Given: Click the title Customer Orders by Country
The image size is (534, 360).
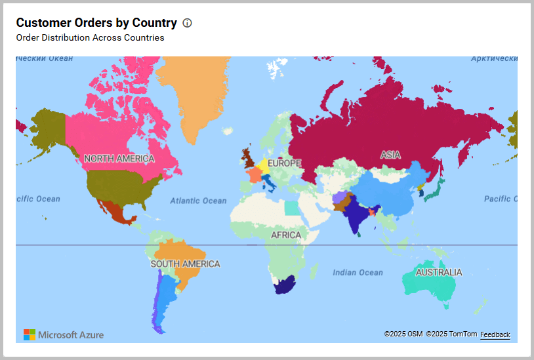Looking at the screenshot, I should pyautogui.click(x=96, y=23).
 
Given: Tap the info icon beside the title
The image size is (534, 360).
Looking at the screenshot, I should pyautogui.click(x=187, y=23).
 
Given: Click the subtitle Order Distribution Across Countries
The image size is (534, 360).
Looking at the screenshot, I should pyautogui.click(x=90, y=37).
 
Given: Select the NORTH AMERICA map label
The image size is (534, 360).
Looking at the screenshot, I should pyautogui.click(x=119, y=159).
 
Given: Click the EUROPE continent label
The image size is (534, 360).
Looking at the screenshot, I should pyautogui.click(x=284, y=163).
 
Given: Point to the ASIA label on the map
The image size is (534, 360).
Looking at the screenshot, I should pyautogui.click(x=390, y=155).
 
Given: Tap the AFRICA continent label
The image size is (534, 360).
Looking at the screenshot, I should pyautogui.click(x=286, y=235).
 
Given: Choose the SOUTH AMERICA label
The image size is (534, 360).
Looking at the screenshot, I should pyautogui.click(x=185, y=264).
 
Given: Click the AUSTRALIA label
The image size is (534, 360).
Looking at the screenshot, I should pyautogui.click(x=439, y=272).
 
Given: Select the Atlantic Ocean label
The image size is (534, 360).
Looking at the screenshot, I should pyautogui.click(x=198, y=201).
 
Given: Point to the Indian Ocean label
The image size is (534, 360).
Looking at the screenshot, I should pyautogui.click(x=358, y=272).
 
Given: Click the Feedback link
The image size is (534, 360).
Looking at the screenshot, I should pyautogui.click(x=495, y=334).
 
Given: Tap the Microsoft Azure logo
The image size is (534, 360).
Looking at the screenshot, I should pyautogui.click(x=64, y=334).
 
